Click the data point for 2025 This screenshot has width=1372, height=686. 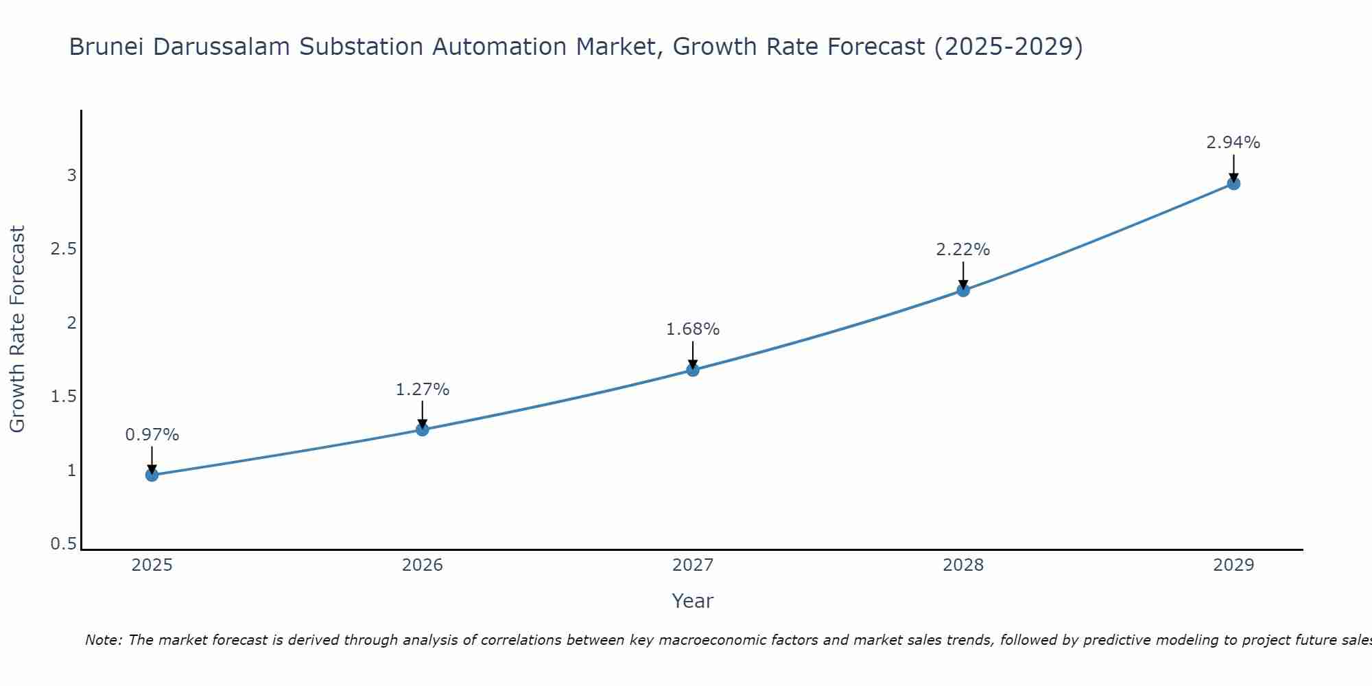tap(152, 475)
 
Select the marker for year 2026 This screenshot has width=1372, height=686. tap(423, 429)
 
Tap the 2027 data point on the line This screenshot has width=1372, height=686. tap(693, 370)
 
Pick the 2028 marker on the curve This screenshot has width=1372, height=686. tap(963, 290)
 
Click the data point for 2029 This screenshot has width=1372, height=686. tap(1233, 183)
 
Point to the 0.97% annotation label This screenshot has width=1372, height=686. tap(152, 435)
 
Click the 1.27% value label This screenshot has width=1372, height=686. tap(423, 390)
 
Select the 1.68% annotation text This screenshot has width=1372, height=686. tap(693, 329)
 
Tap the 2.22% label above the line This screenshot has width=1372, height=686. tap(963, 250)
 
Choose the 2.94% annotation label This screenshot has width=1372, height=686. tap(1233, 143)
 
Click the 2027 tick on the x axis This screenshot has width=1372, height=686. tap(693, 565)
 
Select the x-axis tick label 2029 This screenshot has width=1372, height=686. tap(1233, 565)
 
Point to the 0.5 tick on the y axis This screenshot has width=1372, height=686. tap(64, 544)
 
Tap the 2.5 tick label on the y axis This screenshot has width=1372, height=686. tap(64, 249)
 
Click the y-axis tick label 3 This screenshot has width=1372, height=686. tap(71, 176)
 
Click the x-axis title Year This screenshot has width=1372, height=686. tap(693, 601)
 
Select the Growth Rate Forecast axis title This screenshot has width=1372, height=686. tap(17, 329)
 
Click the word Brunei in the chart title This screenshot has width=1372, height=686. tap(107, 47)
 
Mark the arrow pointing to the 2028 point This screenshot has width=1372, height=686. tap(963, 276)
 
